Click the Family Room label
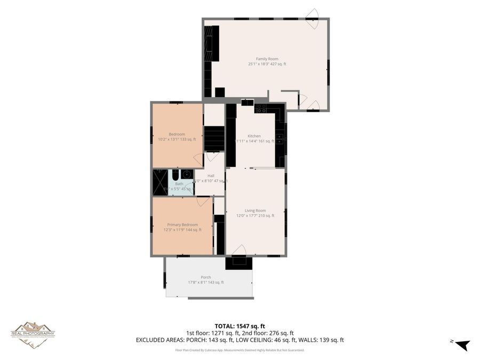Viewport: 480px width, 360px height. (267, 59)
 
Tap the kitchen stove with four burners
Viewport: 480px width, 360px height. (261, 108)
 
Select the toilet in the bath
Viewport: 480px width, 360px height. (175, 174)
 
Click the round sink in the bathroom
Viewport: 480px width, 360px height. (187, 174)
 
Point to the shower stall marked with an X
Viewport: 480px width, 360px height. (159, 182)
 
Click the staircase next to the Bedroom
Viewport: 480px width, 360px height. (214, 138)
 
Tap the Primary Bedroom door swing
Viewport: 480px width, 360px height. (203, 201)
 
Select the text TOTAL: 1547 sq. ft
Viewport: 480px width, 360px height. (239, 325)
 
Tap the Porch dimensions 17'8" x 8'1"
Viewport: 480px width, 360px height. (206, 282)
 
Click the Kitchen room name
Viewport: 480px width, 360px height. (254, 136)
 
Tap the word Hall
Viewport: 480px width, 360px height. (211, 175)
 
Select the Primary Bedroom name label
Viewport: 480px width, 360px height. (182, 225)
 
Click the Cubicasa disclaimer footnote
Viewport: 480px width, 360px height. (239, 350)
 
